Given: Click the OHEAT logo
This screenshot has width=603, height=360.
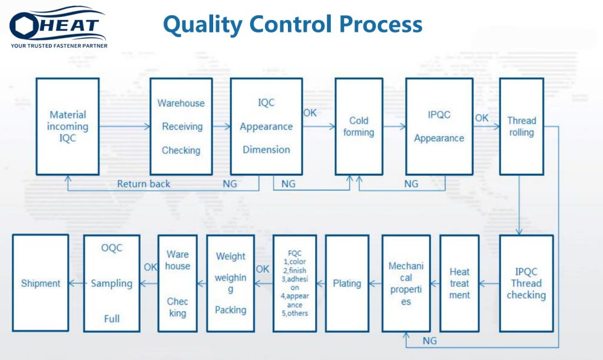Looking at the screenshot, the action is click(x=58, y=27).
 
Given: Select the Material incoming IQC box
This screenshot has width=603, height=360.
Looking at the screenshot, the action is click(x=68, y=127).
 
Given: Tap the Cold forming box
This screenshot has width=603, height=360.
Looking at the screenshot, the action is click(x=359, y=127).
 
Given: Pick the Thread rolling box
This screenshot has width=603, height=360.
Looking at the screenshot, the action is click(x=522, y=127).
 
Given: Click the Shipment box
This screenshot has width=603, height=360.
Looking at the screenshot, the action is click(x=41, y=283).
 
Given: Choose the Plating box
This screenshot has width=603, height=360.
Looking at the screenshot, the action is click(x=347, y=283).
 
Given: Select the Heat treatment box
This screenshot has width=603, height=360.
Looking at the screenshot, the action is click(x=459, y=283).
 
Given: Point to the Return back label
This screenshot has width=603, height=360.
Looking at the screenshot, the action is click(x=144, y=184).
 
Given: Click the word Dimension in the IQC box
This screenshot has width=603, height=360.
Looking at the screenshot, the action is click(x=266, y=150).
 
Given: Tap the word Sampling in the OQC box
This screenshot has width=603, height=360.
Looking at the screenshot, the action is click(x=111, y=283).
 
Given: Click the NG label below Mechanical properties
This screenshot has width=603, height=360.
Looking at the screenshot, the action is click(x=429, y=341).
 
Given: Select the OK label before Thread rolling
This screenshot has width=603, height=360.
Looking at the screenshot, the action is click(x=482, y=118).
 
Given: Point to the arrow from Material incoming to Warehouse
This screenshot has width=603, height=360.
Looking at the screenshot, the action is click(x=125, y=126).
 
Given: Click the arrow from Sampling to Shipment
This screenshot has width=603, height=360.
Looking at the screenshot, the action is click(x=76, y=283).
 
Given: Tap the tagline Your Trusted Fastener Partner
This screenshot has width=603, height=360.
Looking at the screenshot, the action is click(x=59, y=46).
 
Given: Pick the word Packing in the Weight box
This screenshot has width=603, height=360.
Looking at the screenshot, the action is click(x=230, y=309).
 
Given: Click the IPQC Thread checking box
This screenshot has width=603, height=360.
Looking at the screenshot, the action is click(x=526, y=283).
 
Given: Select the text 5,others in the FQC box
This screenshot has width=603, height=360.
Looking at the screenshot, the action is click(x=294, y=313).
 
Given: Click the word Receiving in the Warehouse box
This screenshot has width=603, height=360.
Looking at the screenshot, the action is click(x=182, y=127).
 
